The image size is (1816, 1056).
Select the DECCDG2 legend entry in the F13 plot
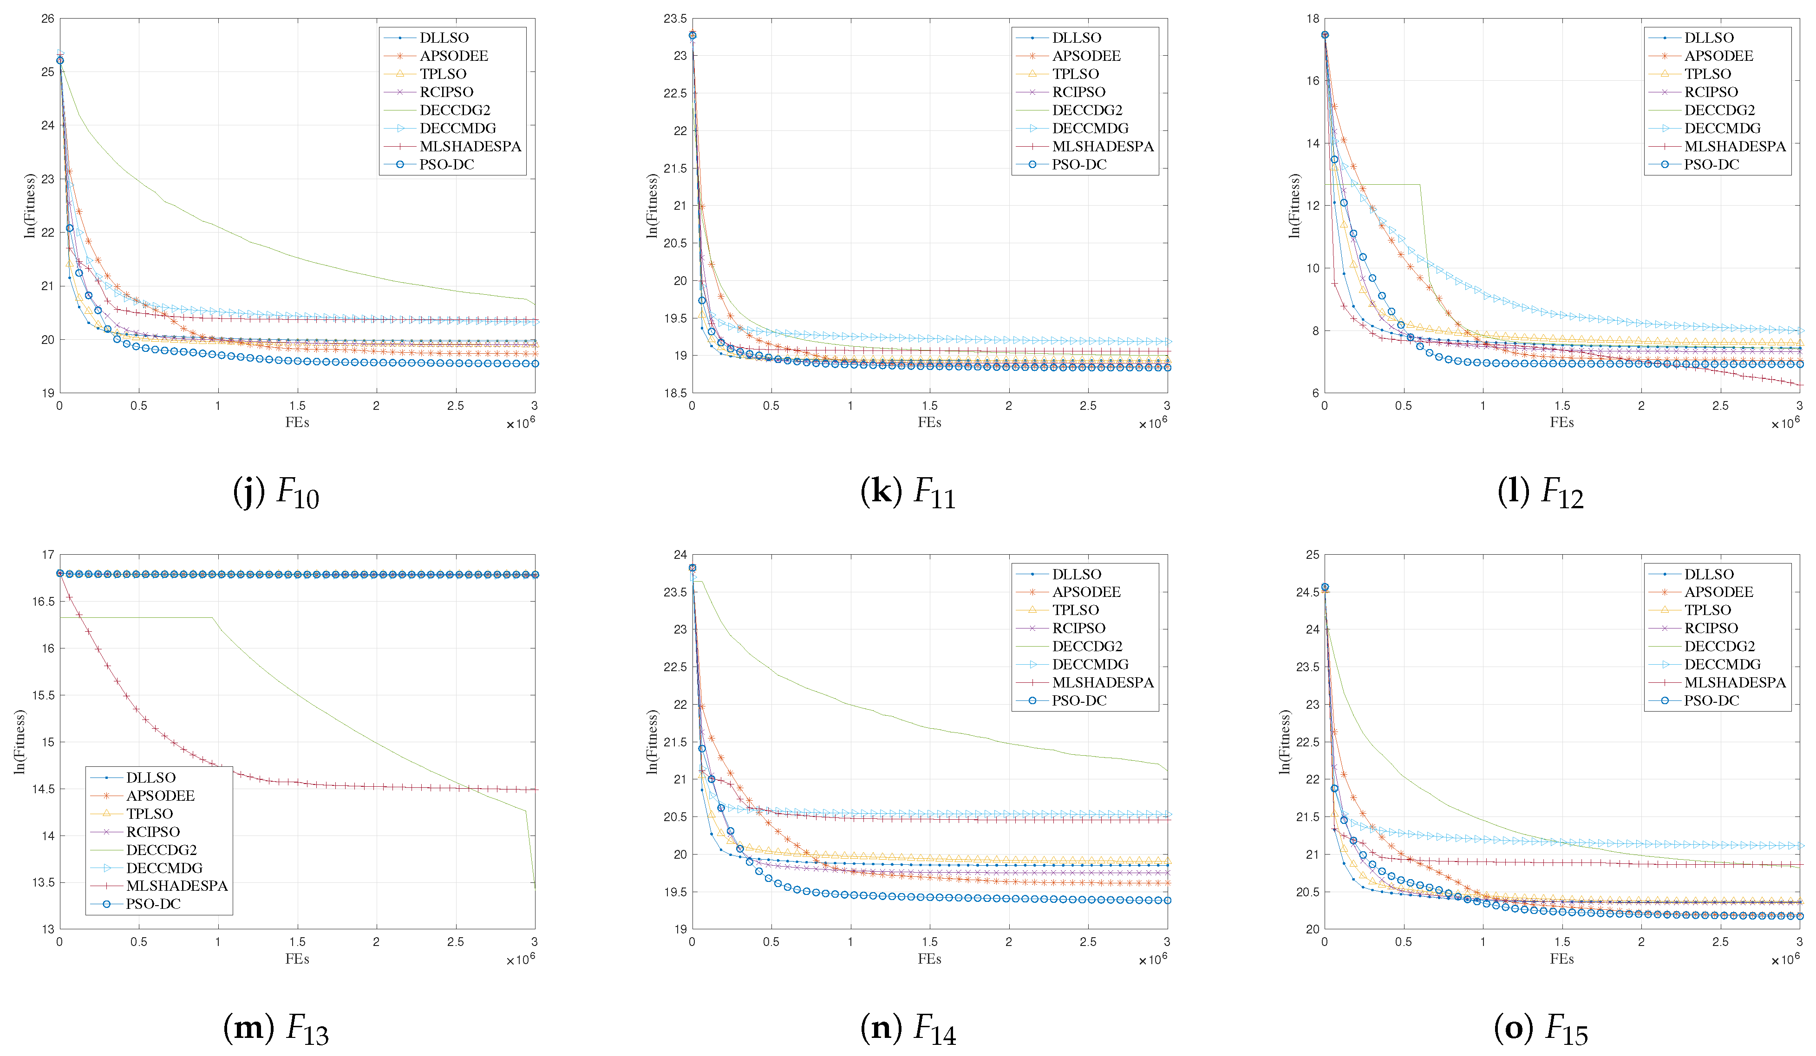click(162, 850)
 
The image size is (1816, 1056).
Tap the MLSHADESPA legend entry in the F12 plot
click(1735, 146)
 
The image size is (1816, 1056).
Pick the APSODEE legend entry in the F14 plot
click(1085, 592)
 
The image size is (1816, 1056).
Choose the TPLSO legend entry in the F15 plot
click(1707, 610)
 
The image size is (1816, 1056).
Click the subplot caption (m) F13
click(276, 1029)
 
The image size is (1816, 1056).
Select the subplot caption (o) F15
click(1541, 1029)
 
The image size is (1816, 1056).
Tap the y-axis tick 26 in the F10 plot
click(47, 19)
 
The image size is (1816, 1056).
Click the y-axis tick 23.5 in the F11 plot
click(675, 19)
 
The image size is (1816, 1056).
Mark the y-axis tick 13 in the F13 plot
click(47, 929)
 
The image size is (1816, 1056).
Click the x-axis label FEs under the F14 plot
click(929, 959)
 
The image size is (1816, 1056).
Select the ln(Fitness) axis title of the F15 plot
click(1285, 742)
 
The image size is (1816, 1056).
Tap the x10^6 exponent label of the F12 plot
click(1785, 423)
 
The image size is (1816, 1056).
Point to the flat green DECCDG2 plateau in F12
click(1373, 185)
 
